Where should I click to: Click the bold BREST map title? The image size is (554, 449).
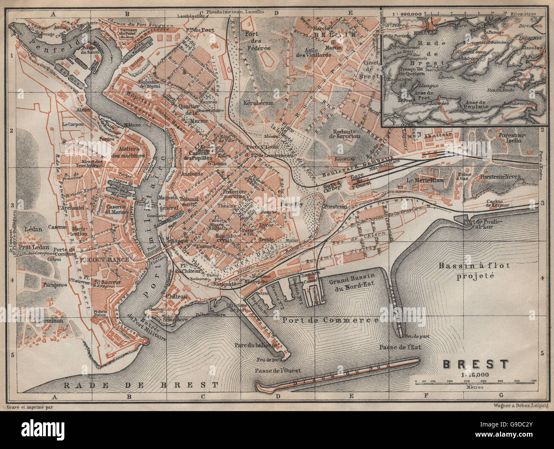coord(476,364)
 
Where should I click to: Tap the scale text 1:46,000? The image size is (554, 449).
coord(475,374)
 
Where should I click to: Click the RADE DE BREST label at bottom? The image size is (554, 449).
coord(141,385)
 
